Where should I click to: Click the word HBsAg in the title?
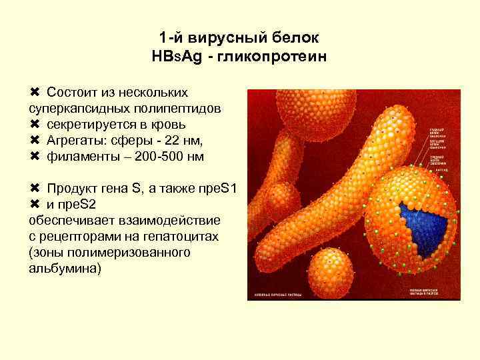point(175,58)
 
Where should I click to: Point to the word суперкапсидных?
point(73,107)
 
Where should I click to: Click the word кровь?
point(165,124)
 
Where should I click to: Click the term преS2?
point(79,204)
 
